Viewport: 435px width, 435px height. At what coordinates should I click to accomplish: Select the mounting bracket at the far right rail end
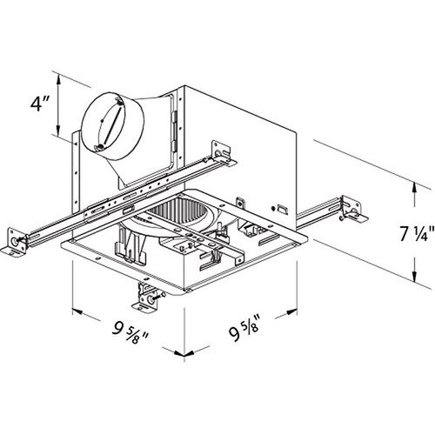click(353, 207)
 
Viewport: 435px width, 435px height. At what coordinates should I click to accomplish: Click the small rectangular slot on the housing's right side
click(279, 207)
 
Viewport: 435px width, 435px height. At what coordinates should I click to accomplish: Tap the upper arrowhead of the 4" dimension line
click(59, 76)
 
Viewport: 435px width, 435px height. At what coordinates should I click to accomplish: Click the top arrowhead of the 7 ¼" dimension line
click(417, 185)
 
